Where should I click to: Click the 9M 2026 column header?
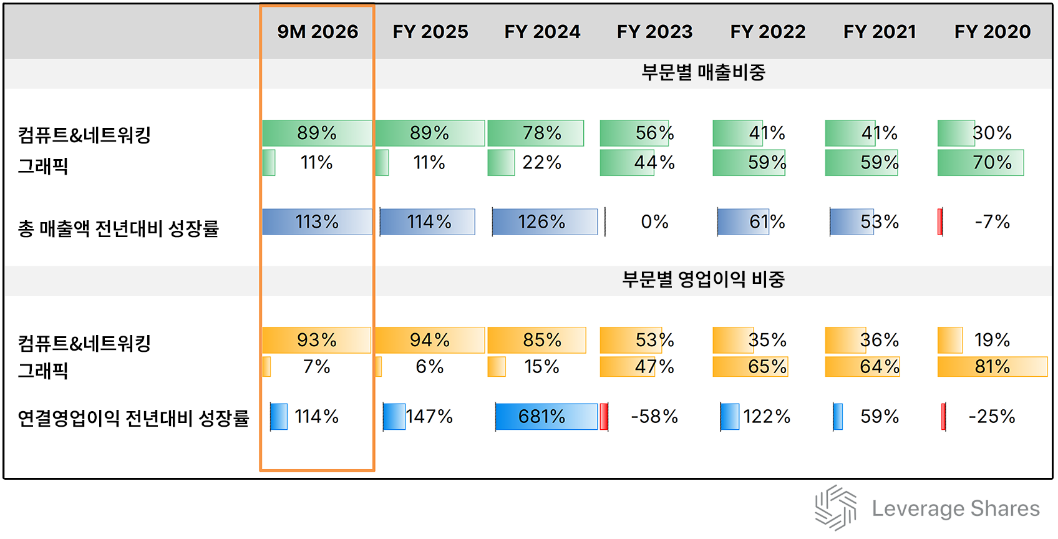[x=318, y=32]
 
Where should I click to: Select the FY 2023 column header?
[x=654, y=32]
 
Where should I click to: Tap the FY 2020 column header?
[x=992, y=32]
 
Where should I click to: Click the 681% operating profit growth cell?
[x=541, y=417]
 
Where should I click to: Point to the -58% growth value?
[x=654, y=417]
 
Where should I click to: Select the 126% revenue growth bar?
[x=543, y=222]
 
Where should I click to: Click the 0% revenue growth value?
[x=654, y=222]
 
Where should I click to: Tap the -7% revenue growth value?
[x=992, y=222]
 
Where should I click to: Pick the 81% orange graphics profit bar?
[x=992, y=367]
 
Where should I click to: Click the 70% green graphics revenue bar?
[x=981, y=163]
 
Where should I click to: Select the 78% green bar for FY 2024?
[x=536, y=134]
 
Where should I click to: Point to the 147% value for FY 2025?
[x=429, y=417]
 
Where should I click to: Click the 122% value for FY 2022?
[x=767, y=417]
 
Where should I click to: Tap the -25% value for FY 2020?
[x=991, y=417]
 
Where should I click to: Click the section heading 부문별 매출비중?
[x=703, y=73]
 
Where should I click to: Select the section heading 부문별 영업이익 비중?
[x=703, y=279]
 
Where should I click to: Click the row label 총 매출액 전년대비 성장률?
[x=119, y=229]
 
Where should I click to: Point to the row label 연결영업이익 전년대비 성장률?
[x=133, y=418]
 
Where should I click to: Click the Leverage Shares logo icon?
[x=836, y=508]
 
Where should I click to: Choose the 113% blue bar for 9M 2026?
[x=317, y=222]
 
